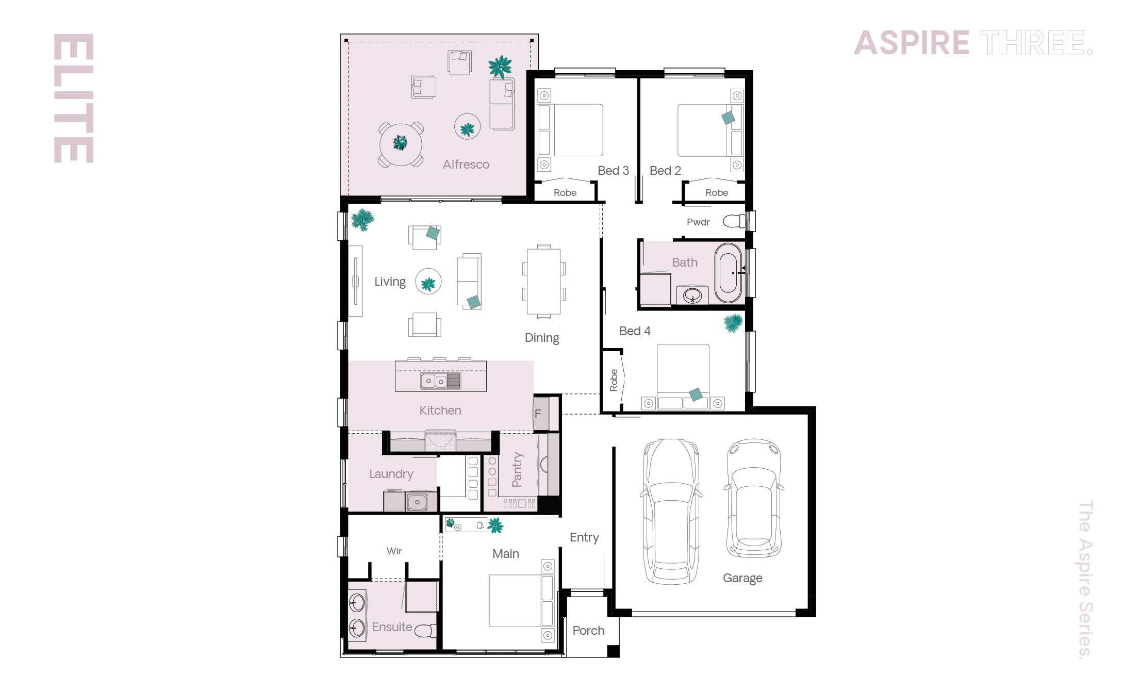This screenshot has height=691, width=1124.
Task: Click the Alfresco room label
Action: click(x=466, y=164)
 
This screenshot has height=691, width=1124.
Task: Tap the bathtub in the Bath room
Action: click(x=728, y=273)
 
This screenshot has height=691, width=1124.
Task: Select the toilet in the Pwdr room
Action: click(x=734, y=222)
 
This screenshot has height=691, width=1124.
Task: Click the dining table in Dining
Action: click(x=543, y=282)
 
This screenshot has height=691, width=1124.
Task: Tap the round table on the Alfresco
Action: click(x=401, y=144)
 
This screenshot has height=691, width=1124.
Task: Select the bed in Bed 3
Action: click(x=570, y=130)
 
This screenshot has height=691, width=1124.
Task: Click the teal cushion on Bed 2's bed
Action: click(x=728, y=118)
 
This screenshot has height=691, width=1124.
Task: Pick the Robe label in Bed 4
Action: click(x=614, y=381)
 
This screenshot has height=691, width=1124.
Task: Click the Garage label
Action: click(x=742, y=578)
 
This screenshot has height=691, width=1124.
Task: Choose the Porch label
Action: click(x=588, y=631)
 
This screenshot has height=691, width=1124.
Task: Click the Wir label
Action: click(x=394, y=551)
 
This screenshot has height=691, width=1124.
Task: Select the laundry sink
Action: click(x=416, y=501)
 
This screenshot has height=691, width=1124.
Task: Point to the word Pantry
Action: click(x=517, y=469)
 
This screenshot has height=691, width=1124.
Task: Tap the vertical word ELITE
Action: click(x=74, y=98)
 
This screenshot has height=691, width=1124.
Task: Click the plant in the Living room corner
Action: click(x=363, y=220)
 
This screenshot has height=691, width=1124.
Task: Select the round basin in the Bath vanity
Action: click(x=692, y=296)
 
